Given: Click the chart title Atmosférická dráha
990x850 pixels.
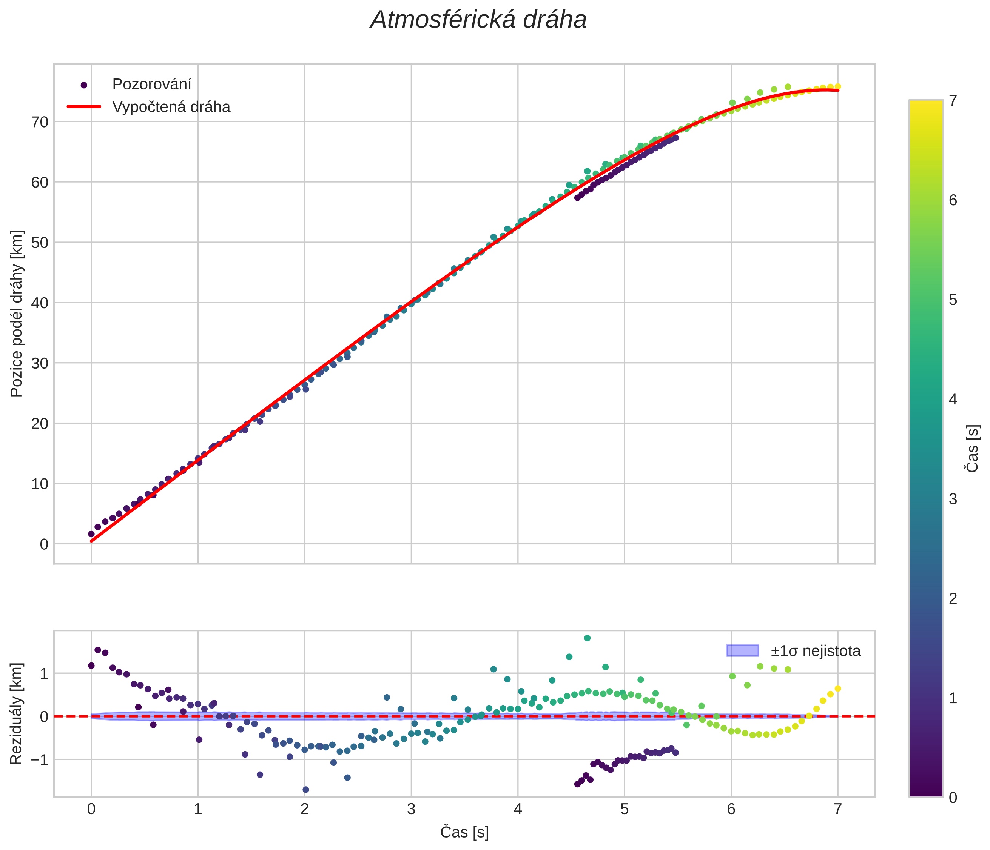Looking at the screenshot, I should coord(478,20).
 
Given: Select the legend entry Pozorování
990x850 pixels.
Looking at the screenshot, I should coord(151,85).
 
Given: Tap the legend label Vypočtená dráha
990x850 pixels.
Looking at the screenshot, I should coord(171,107).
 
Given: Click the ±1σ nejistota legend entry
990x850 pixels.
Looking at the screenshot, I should coord(815,651).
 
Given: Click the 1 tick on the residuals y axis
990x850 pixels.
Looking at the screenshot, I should coord(44,674).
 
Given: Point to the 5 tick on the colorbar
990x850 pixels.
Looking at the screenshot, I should coord(953,300).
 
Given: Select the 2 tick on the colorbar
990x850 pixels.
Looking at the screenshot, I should coord(953,598).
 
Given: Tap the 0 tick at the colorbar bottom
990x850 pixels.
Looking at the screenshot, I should coord(953,798).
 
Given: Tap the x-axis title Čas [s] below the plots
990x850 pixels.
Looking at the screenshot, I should coord(464,832).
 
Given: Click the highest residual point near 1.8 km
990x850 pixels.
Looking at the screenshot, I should coord(587,638).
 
